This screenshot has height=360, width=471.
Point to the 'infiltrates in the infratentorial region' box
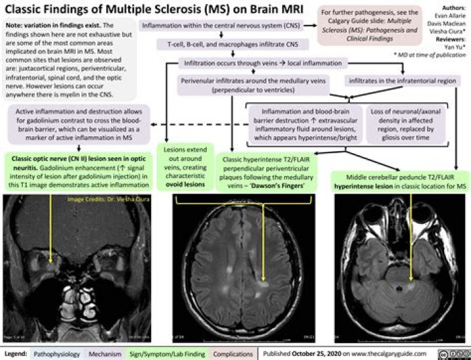(x=399, y=82)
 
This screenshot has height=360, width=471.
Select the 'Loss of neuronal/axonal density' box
(x=408, y=122)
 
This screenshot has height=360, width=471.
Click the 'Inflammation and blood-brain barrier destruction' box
(x=304, y=122)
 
